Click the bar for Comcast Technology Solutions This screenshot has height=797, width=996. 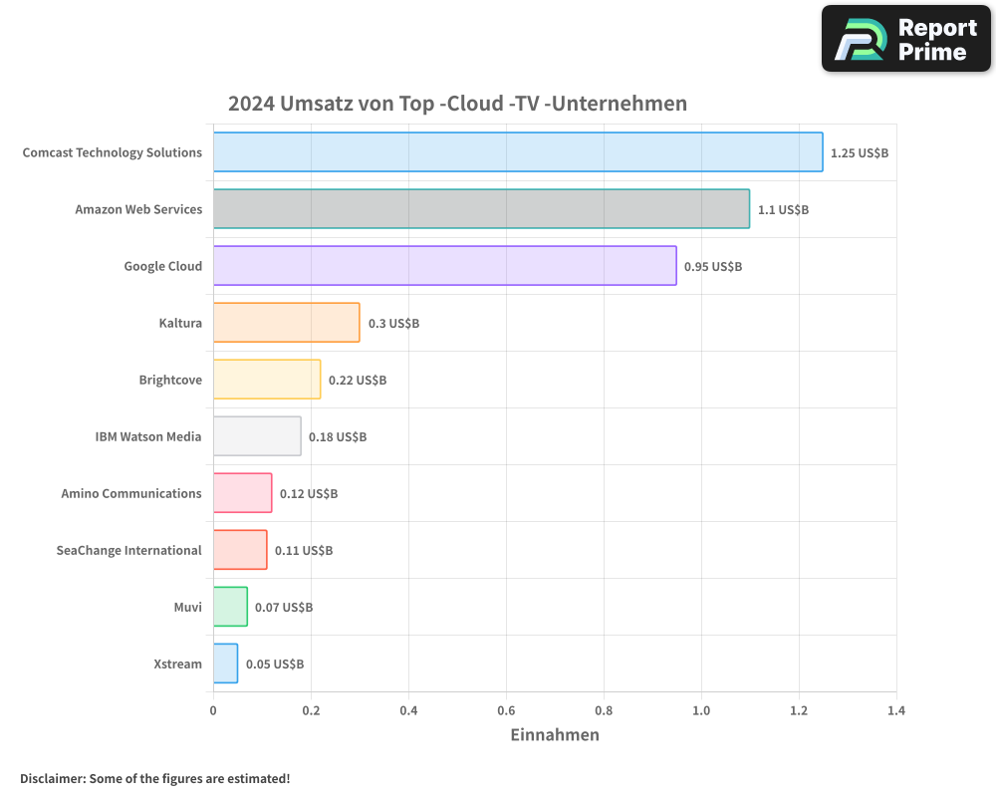click(x=518, y=152)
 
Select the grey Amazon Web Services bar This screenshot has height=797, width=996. click(x=481, y=209)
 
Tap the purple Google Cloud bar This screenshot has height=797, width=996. click(x=444, y=266)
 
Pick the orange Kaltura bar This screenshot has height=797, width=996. click(x=286, y=323)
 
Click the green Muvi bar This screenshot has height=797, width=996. click(x=230, y=607)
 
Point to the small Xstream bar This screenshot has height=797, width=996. click(x=225, y=664)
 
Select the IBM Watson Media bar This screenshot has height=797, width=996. click(x=257, y=436)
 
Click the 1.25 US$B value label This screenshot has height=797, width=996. click(x=860, y=153)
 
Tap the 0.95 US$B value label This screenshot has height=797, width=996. click(x=713, y=267)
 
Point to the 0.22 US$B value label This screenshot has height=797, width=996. click(x=358, y=381)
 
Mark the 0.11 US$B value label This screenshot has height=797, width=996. click(x=304, y=551)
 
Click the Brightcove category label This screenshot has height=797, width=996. click(x=170, y=380)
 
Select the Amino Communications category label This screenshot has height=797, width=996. click(x=131, y=493)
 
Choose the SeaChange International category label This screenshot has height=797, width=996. click(x=128, y=550)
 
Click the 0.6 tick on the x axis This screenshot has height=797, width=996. click(x=506, y=711)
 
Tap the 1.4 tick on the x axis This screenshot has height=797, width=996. click(x=896, y=711)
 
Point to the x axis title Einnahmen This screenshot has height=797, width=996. click(x=555, y=735)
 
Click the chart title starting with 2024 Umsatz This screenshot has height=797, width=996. click(x=457, y=104)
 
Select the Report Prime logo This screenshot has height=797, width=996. click(x=905, y=39)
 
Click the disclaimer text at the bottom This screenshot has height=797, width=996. click(x=154, y=778)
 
